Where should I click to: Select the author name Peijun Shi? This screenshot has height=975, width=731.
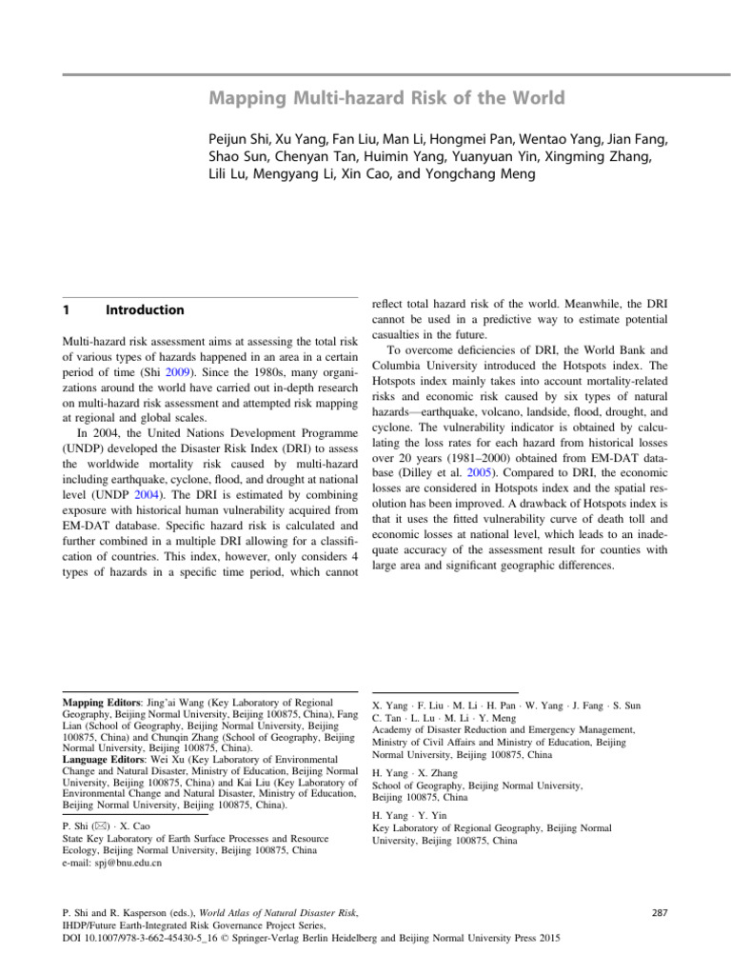click(242, 139)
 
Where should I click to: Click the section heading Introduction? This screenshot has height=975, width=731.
click(145, 309)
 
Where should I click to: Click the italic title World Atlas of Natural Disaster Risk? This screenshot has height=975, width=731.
click(267, 912)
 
